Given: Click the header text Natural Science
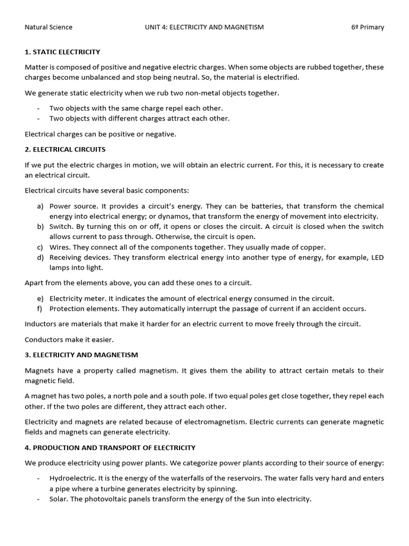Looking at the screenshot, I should [48, 27].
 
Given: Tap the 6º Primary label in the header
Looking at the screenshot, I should [367, 27].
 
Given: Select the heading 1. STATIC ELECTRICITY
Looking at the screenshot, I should [62, 52].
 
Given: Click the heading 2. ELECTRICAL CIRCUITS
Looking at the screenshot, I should [65, 149].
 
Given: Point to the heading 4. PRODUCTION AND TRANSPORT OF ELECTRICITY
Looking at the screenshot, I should [110, 447].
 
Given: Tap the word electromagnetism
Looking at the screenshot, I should [186, 422].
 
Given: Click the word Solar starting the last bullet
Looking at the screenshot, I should [59, 499].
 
